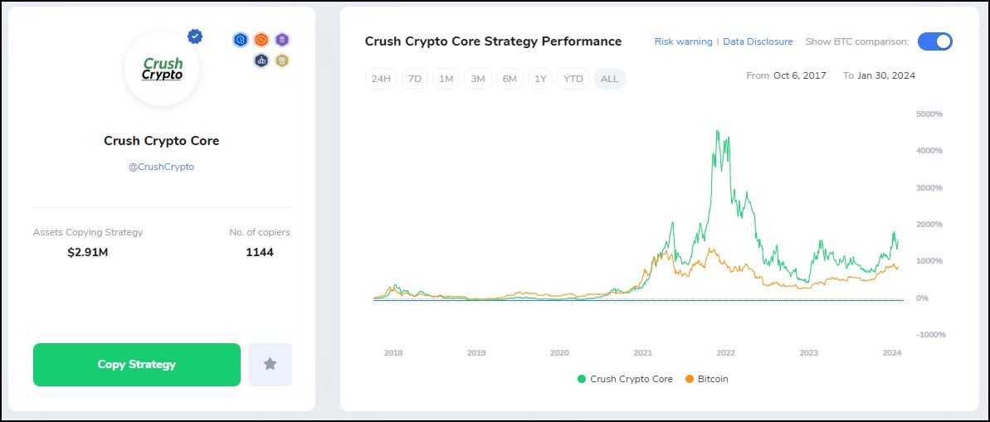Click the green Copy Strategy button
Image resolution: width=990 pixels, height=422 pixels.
point(137,365)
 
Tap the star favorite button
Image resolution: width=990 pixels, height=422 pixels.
point(270,365)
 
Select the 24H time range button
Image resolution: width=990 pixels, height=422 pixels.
point(381,79)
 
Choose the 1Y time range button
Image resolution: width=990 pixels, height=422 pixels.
point(540,79)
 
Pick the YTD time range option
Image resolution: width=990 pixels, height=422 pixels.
point(573,79)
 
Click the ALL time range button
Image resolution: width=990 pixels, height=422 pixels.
point(609,79)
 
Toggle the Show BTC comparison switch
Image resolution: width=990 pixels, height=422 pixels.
point(934,41)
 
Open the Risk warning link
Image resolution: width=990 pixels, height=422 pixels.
point(683,41)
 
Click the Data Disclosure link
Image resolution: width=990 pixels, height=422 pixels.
point(758,41)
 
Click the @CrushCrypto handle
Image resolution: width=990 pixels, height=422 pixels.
point(161,167)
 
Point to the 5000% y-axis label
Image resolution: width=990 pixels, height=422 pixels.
point(929,114)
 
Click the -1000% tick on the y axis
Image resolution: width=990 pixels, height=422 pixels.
point(930,334)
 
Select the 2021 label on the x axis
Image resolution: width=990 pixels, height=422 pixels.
point(642,352)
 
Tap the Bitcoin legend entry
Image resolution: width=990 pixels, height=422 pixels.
point(706,379)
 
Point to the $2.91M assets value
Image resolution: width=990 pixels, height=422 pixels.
point(88,252)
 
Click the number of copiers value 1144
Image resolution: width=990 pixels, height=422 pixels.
point(260,252)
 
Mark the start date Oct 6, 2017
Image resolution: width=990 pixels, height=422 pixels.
point(799,75)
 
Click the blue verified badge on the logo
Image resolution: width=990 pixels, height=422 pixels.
point(195,36)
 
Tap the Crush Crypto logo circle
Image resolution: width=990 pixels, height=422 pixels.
point(163,70)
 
